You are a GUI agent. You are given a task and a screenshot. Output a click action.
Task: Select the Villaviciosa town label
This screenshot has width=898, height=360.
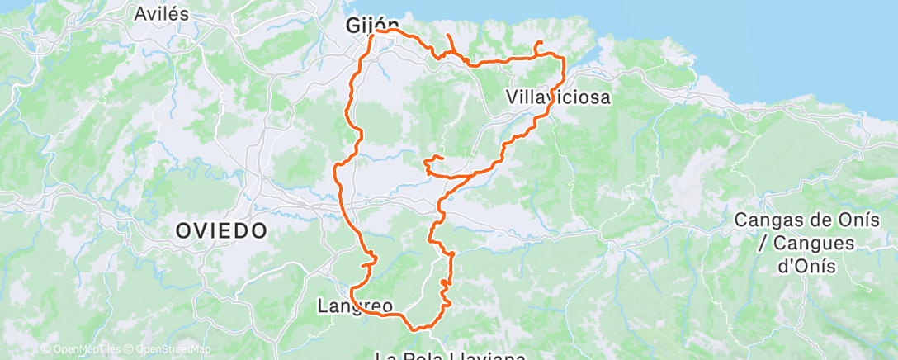558,97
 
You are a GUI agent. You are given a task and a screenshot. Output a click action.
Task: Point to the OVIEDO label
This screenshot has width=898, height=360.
222,230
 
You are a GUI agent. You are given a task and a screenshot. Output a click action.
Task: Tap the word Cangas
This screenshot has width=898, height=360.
767,220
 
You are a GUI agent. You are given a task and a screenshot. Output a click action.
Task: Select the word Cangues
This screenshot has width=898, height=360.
806,244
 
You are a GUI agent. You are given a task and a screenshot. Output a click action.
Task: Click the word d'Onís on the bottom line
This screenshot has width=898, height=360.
805,266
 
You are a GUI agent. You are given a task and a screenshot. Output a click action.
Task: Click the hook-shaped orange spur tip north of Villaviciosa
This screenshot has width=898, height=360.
540,42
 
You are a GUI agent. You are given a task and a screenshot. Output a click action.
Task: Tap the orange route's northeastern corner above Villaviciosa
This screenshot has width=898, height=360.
563,57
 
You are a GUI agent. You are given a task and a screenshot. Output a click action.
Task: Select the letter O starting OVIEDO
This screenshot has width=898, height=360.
185,230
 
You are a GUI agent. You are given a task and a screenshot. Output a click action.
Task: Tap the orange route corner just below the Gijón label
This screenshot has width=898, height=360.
373,36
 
